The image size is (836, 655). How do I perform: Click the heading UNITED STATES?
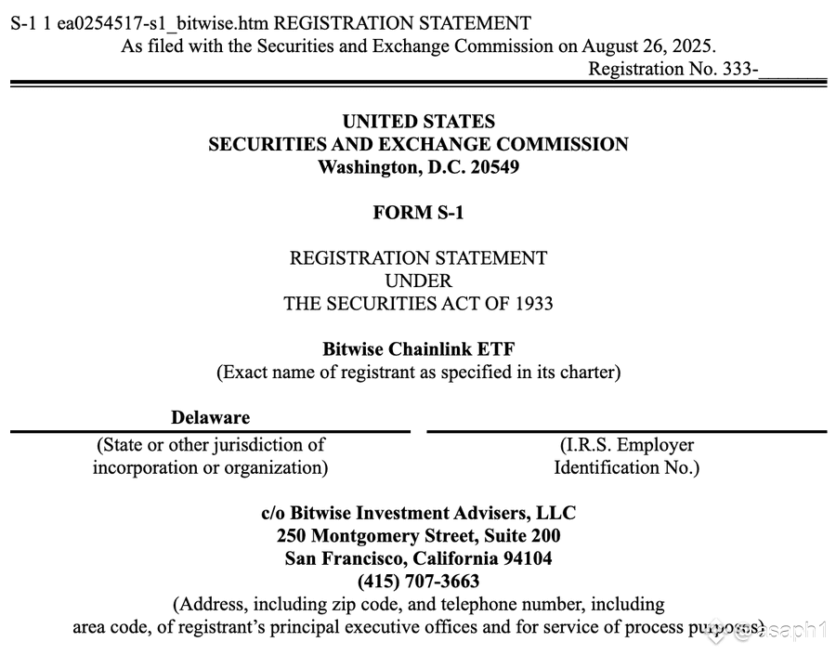click(418, 122)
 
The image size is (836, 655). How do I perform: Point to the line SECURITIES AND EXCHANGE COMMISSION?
click(418, 144)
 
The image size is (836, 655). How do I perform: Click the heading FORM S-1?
click(418, 213)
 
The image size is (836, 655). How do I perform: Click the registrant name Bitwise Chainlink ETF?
click(418, 349)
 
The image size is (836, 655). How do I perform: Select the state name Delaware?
click(210, 418)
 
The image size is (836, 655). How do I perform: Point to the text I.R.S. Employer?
click(626, 445)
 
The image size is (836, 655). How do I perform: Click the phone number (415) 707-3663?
click(418, 582)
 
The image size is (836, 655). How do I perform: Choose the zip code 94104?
click(525, 558)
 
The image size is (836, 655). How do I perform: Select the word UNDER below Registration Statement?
click(418, 280)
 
